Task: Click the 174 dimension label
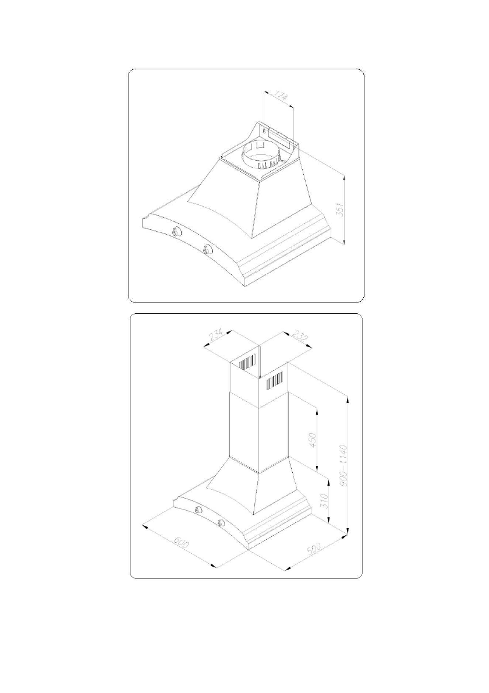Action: click(x=282, y=97)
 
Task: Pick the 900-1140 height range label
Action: click(x=343, y=465)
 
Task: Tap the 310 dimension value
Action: click(x=326, y=500)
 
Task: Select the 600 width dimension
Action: click(x=182, y=546)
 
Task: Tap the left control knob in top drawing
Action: click(x=176, y=232)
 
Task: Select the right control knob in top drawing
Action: click(x=208, y=250)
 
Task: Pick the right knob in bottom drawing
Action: click(x=221, y=522)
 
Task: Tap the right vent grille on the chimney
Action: click(x=275, y=380)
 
